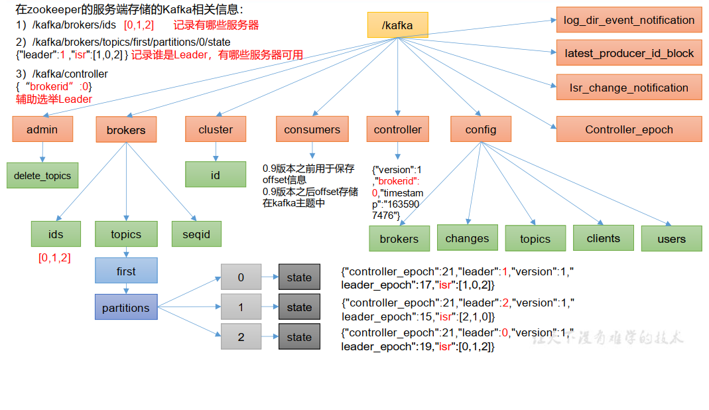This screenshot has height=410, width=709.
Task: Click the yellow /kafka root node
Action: [x=397, y=25]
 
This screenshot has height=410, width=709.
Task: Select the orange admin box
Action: [x=42, y=129]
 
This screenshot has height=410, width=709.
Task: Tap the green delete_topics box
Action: [x=42, y=176]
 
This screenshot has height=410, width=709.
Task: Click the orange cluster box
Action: [x=216, y=129]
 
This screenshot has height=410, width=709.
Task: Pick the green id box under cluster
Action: [x=216, y=174]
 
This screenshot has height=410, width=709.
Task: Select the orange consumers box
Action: [x=312, y=129]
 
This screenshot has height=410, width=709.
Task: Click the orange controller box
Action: [x=397, y=129]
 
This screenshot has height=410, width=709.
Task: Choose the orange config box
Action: [x=481, y=129]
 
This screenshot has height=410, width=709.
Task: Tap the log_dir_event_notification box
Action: [x=629, y=20]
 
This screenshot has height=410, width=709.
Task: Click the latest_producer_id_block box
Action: [x=629, y=53]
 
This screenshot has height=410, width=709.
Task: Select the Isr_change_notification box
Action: [x=629, y=88]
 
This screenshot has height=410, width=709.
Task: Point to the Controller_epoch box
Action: [x=629, y=129]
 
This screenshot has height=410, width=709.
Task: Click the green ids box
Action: [x=56, y=234]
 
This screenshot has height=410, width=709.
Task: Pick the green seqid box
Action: [x=196, y=234]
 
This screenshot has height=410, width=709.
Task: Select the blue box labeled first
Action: [x=126, y=271]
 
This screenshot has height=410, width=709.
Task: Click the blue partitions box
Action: [x=126, y=308]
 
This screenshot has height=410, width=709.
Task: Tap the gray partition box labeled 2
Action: [x=241, y=337]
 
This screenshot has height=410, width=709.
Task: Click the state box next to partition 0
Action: [x=299, y=277]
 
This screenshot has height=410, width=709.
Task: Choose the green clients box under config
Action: [x=604, y=238]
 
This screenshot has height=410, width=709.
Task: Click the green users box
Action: [x=671, y=238]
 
